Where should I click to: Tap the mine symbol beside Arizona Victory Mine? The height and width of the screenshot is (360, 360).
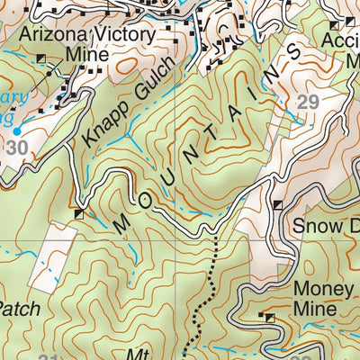coord(41,58)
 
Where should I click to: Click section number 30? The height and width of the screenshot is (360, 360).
coord(15,147)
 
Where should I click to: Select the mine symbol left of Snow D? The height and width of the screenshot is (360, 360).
coord(278,205)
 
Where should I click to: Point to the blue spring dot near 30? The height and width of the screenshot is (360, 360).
coord(18,130)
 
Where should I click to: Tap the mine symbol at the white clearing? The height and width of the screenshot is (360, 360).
coord(80,214)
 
